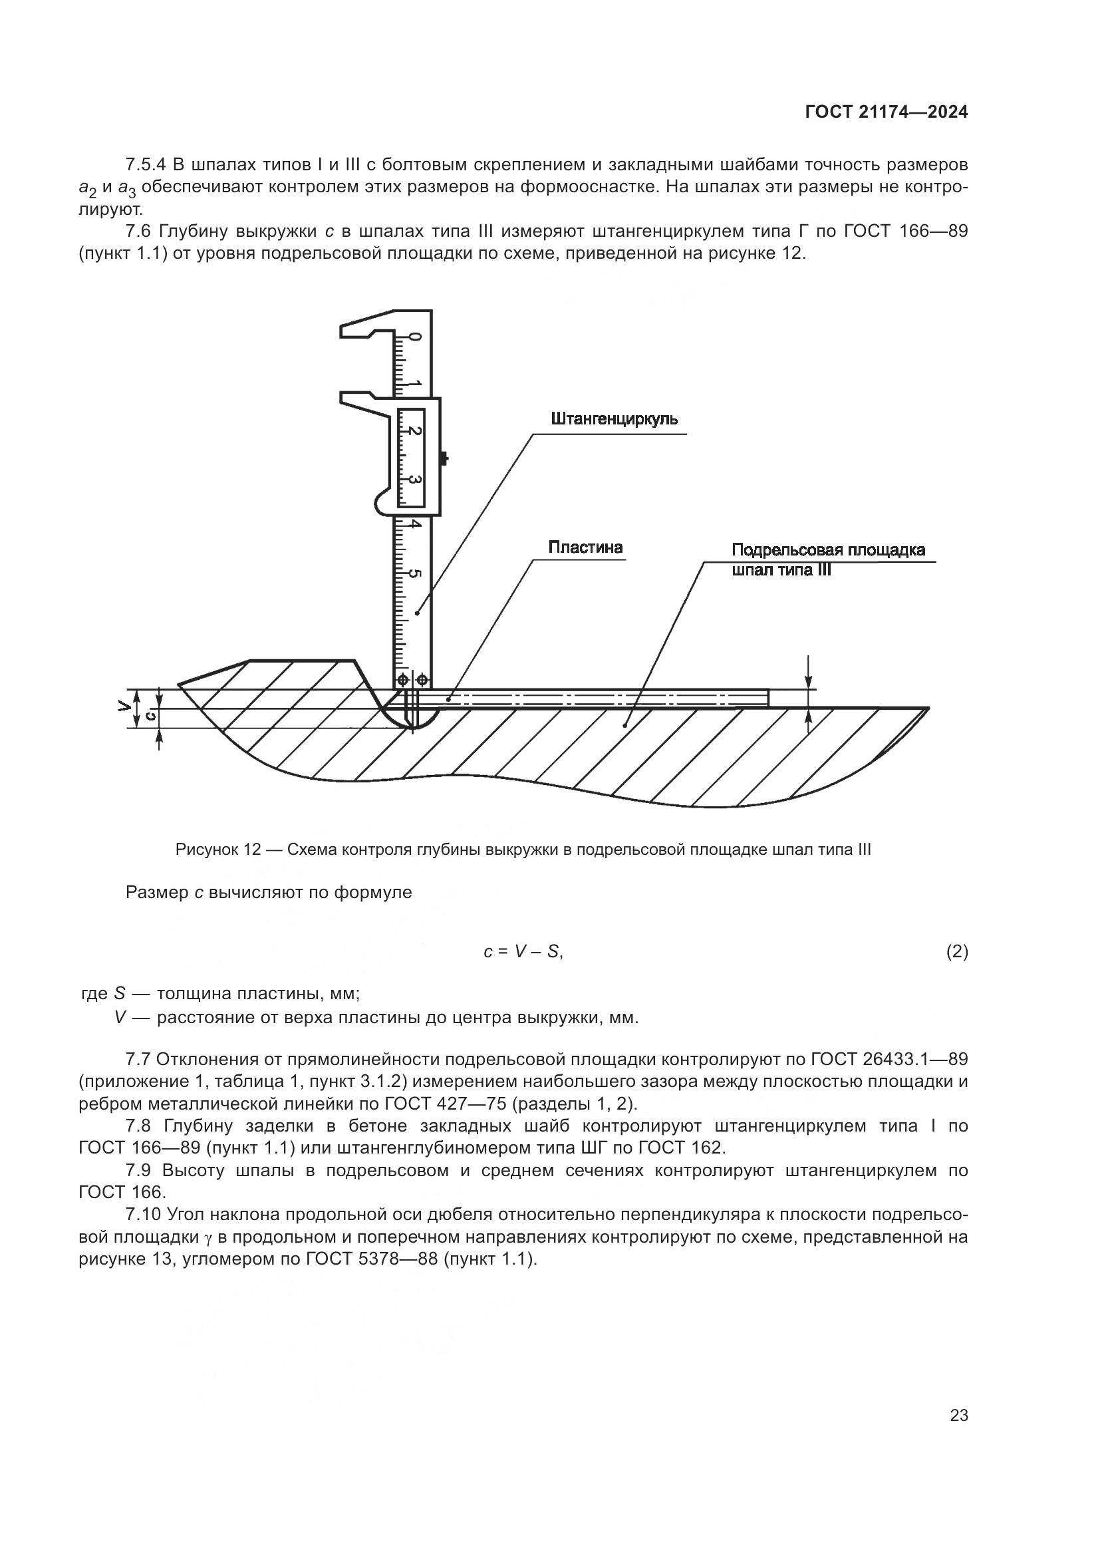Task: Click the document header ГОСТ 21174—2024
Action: (886, 112)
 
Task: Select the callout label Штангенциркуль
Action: (615, 419)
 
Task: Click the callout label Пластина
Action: (585, 547)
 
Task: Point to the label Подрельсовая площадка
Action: (829, 549)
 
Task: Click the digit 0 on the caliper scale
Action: (415, 337)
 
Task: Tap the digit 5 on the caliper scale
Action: (414, 575)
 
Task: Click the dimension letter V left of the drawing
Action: (122, 706)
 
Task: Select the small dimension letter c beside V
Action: (152, 716)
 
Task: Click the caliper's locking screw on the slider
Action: (444, 459)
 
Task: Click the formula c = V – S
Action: (523, 951)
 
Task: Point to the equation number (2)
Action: (956, 952)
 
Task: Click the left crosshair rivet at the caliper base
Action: (402, 679)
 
